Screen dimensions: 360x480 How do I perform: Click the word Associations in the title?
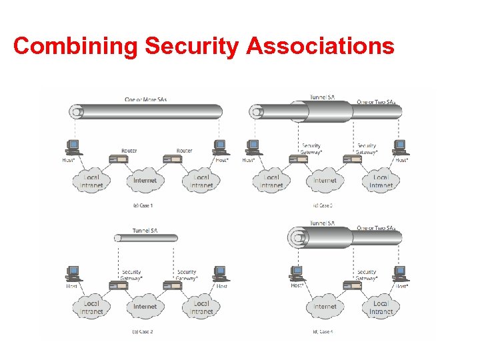320,46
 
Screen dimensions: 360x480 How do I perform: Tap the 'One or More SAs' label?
145,100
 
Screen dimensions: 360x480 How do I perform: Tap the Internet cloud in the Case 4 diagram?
325,307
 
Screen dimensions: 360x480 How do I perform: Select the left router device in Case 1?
119,159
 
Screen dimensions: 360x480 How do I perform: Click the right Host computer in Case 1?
219,146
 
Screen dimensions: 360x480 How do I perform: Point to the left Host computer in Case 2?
73,273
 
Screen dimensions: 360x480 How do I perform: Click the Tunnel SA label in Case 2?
145,231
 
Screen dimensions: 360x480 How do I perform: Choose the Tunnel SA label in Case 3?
323,97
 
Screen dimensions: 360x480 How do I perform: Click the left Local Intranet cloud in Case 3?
271,181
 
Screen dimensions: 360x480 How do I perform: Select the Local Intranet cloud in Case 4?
381,307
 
